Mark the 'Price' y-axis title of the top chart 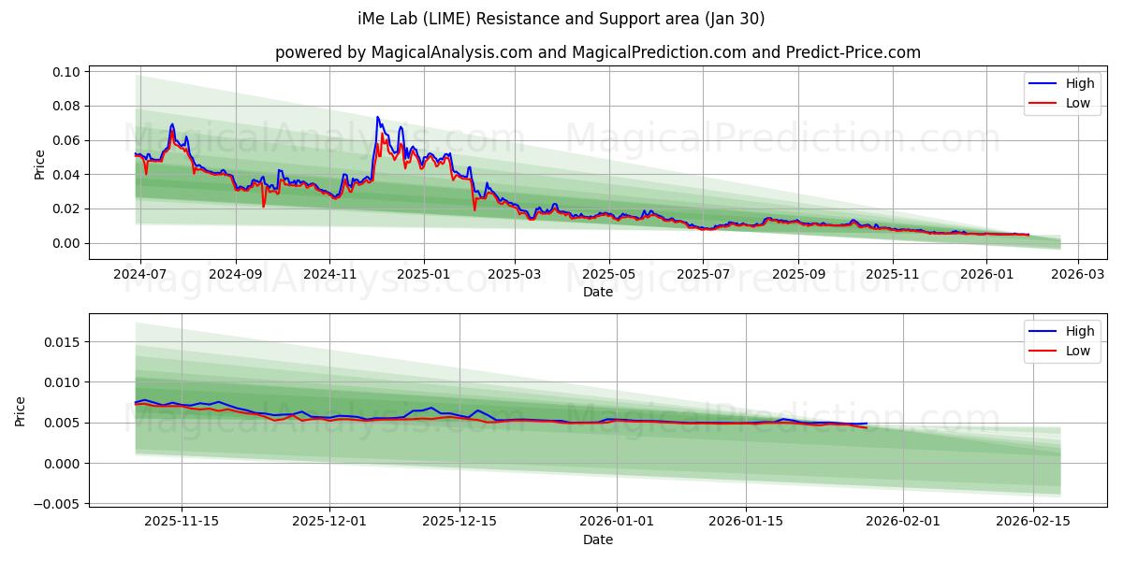39,164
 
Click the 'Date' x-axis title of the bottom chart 598,539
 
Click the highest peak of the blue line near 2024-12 377,117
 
